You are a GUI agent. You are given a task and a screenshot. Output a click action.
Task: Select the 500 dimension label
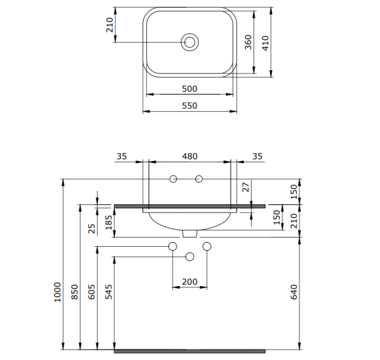pos(189,88)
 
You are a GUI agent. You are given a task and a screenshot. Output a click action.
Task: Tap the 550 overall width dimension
pos(189,105)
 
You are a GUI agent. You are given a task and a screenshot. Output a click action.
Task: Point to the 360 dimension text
pos(248,43)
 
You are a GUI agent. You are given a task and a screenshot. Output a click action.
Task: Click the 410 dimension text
pos(265,43)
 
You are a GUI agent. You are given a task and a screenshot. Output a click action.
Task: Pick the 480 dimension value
pos(189,157)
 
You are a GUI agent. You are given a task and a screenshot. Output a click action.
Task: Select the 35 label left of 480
pos(121,157)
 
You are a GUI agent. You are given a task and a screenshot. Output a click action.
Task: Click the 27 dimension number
pos(246,187)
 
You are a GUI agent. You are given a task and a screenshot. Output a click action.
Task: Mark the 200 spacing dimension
pos(189,281)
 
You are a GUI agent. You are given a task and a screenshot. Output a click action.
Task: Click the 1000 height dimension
pos(58,291)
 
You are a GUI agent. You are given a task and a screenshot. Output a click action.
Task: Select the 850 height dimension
pos(75,291)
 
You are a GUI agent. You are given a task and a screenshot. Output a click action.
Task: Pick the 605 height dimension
pos(92,291)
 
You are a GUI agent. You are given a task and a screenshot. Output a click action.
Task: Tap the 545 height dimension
pos(109,291)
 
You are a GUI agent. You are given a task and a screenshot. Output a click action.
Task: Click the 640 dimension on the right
pos(294,291)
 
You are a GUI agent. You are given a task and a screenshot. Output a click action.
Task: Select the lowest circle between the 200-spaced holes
pos(190,256)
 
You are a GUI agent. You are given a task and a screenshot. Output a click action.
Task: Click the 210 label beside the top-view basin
pos(109,25)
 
